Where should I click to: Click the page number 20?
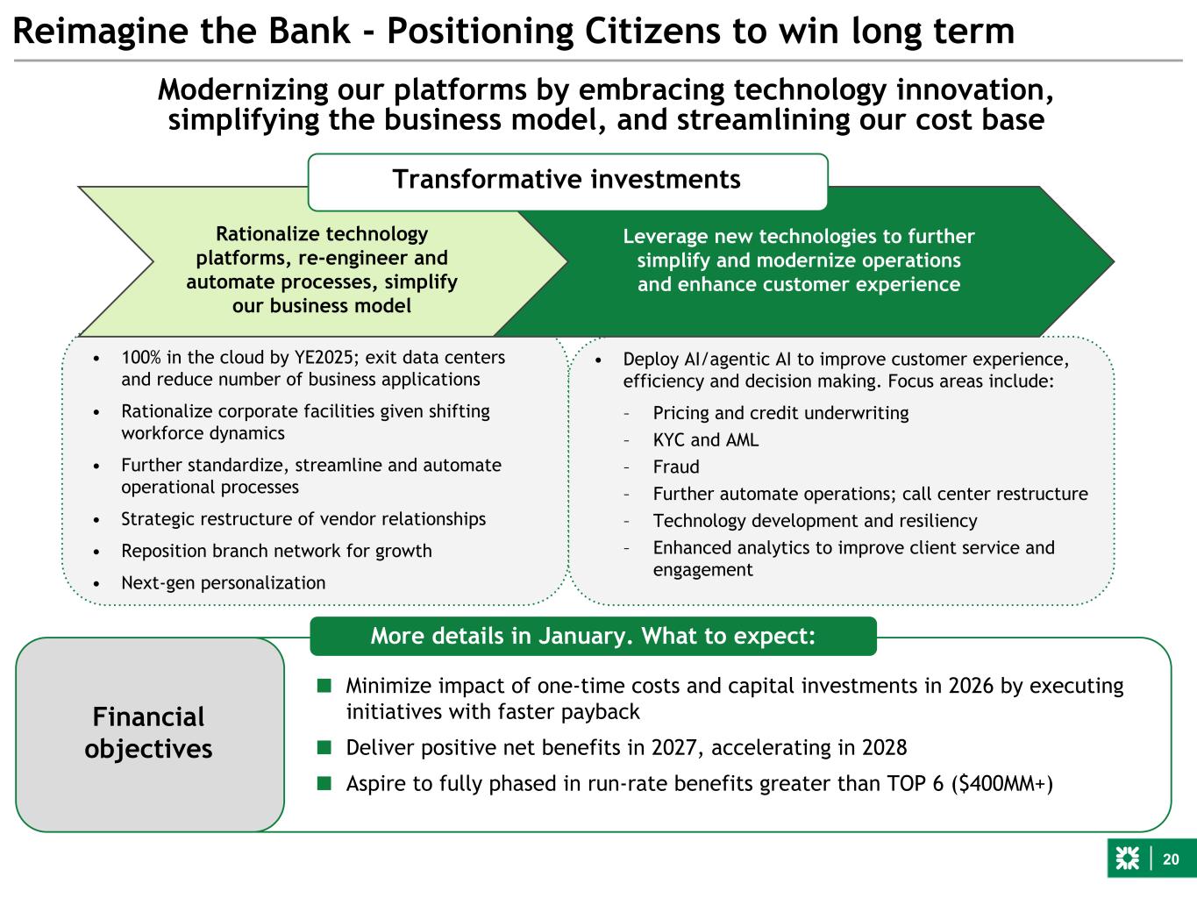pos(1172,859)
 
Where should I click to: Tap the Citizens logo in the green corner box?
pos(1127,859)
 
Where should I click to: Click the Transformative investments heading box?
pos(566,180)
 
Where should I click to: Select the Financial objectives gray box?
pos(149,733)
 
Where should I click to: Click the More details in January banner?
pos(593,636)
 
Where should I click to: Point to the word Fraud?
pos(676,467)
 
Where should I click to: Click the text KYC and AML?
pos(706,439)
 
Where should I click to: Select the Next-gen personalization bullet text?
pos(223,582)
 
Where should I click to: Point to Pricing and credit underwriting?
pos(780,412)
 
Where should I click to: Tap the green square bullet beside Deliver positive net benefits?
pos(324,747)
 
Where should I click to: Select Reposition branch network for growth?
pos(276,551)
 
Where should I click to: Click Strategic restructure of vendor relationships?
pos(303,518)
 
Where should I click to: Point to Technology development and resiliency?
pos(815,520)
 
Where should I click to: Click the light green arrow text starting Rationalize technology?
pos(321,270)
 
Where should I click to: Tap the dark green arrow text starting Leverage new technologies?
pos(798,260)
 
